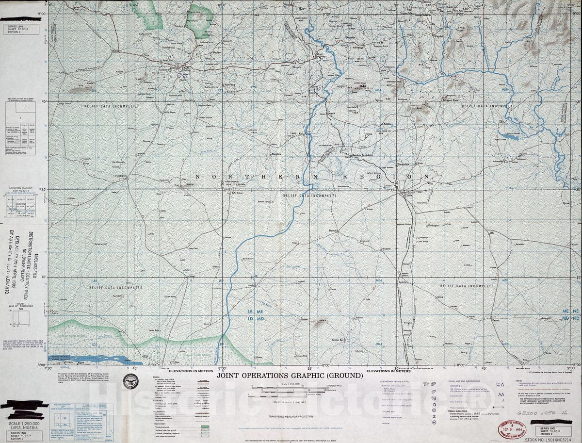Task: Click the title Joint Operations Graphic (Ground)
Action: (290, 375)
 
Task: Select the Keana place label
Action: (495, 320)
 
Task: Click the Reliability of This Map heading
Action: (21, 99)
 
